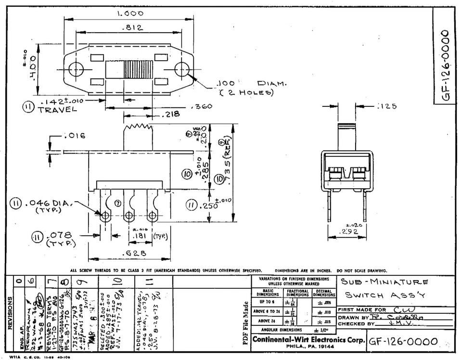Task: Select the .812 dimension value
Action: (x=132, y=28)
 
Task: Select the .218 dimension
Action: (x=171, y=114)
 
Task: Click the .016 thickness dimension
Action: (x=75, y=136)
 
